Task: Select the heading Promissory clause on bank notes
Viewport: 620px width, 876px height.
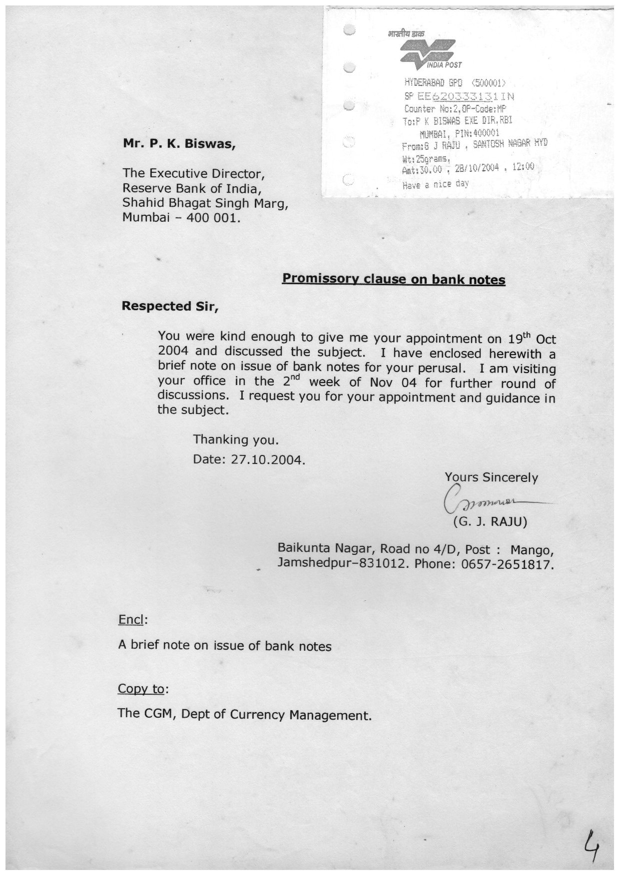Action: [394, 279]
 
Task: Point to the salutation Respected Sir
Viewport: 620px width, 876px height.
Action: [170, 306]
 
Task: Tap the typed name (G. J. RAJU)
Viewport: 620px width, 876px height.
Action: [490, 522]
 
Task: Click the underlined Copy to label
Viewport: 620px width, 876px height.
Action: [141, 689]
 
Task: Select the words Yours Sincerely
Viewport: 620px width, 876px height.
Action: [491, 477]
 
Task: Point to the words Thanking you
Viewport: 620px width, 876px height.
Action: [235, 439]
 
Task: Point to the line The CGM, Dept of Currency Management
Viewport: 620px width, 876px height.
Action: [245, 714]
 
